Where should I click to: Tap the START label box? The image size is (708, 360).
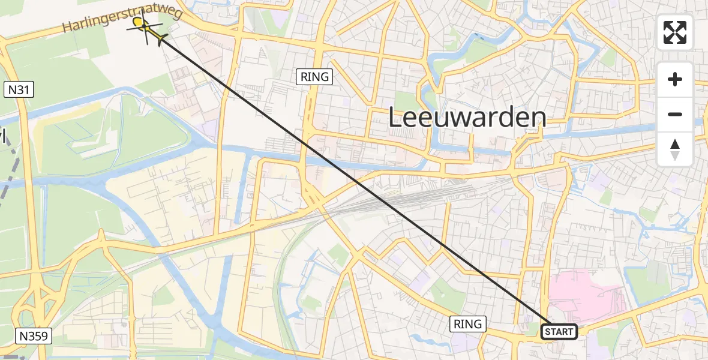(559, 331)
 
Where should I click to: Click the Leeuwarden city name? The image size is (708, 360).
(467, 118)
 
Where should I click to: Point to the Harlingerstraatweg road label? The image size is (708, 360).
(122, 20)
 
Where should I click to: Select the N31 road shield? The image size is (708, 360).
(20, 90)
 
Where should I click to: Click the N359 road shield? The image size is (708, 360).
(35, 336)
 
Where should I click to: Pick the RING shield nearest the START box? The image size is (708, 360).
(467, 324)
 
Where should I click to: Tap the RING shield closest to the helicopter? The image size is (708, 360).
(314, 76)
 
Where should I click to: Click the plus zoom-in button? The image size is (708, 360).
(675, 79)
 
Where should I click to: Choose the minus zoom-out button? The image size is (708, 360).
(675, 114)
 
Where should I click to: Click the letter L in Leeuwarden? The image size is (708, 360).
(395, 118)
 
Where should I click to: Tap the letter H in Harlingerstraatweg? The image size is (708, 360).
(67, 28)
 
